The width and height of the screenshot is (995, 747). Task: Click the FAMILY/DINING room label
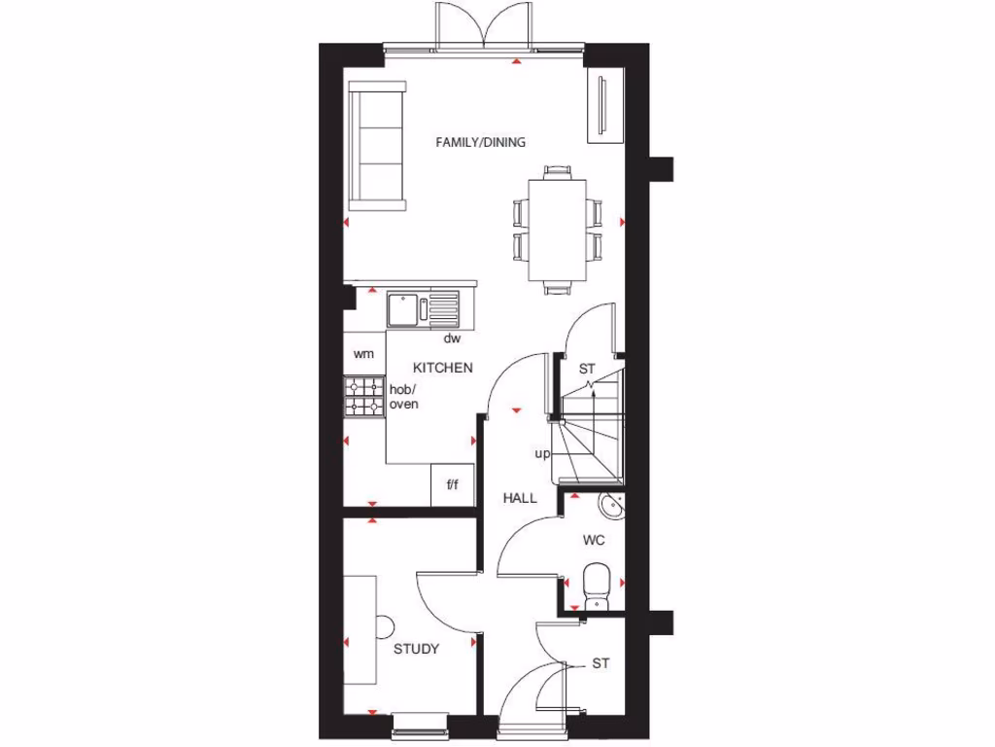480,142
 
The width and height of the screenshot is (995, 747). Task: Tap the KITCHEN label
443,368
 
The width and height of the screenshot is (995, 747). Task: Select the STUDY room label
416,649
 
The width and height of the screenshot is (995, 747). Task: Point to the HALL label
520,498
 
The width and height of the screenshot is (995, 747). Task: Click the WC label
594,540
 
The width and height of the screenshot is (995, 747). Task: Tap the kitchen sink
402,309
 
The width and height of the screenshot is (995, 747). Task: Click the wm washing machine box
363,354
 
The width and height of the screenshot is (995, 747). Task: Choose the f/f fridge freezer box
452,485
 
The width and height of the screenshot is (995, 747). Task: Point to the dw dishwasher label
451,339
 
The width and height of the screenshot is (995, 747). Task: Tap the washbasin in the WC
609,507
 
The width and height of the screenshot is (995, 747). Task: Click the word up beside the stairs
541,453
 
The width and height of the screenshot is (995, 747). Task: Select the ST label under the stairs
586,369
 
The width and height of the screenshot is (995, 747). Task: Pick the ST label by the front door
600,663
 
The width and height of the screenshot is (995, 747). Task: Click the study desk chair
385,627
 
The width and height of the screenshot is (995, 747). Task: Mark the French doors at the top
483,24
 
